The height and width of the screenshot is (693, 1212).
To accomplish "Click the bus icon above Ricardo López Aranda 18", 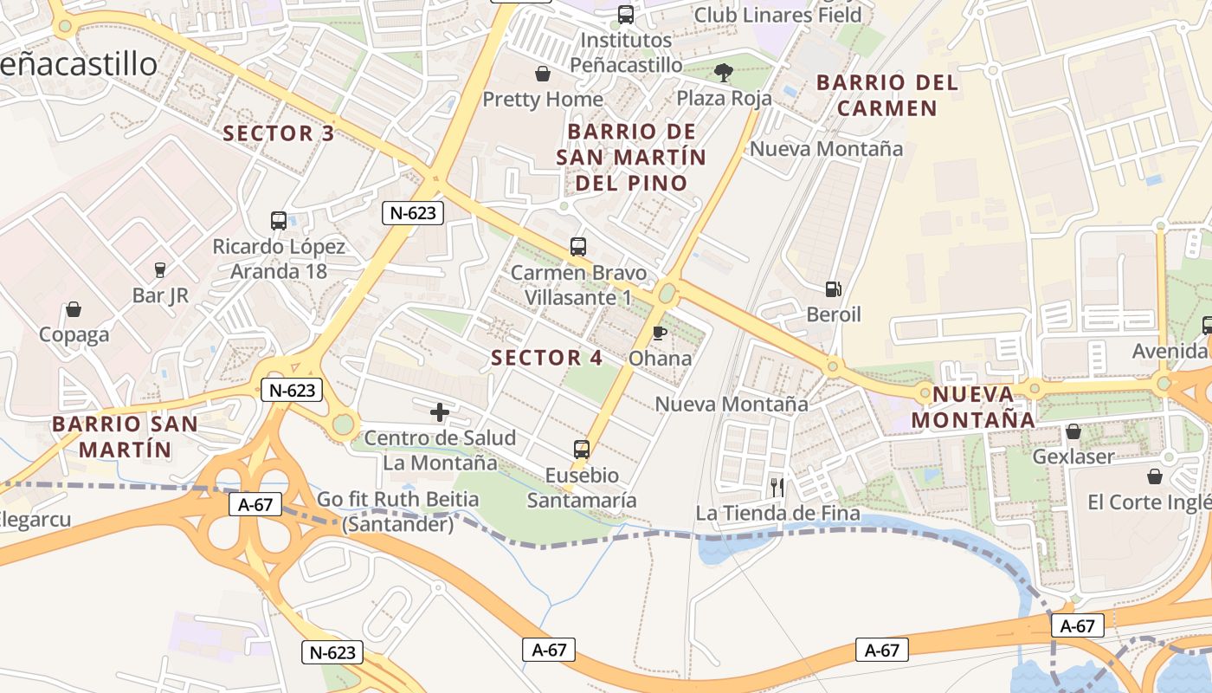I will (x=278, y=220).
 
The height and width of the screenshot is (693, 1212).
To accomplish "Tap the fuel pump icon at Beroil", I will (x=834, y=288).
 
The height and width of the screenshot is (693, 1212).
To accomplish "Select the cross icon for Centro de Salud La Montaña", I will (x=440, y=412).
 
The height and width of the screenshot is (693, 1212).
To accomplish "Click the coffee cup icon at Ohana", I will (x=660, y=333).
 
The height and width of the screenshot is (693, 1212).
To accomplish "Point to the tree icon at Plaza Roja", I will (x=723, y=73).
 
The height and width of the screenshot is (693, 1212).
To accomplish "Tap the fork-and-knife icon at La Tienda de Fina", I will (x=777, y=488).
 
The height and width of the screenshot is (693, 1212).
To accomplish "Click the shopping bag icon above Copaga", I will (x=74, y=309).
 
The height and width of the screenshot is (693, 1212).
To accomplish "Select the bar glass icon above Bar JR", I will (x=159, y=269).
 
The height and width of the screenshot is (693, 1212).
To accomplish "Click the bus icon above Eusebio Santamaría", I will (x=582, y=450).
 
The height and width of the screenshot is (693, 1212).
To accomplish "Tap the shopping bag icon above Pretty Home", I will (x=543, y=74).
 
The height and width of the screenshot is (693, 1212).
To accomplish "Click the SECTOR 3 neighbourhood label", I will (x=279, y=133).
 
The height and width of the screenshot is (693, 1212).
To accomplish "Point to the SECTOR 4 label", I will (x=546, y=358).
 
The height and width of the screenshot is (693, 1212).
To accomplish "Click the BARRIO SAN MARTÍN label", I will (x=125, y=437).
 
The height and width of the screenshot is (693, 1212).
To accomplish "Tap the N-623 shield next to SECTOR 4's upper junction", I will (x=413, y=212).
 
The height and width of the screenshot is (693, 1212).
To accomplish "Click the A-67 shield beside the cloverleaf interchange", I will (x=255, y=504).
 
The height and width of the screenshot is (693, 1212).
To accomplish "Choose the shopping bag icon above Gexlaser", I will (x=1073, y=431).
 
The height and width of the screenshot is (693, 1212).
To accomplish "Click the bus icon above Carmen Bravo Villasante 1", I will (x=578, y=246).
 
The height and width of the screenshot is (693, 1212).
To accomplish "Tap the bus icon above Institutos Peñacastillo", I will (x=625, y=14).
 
